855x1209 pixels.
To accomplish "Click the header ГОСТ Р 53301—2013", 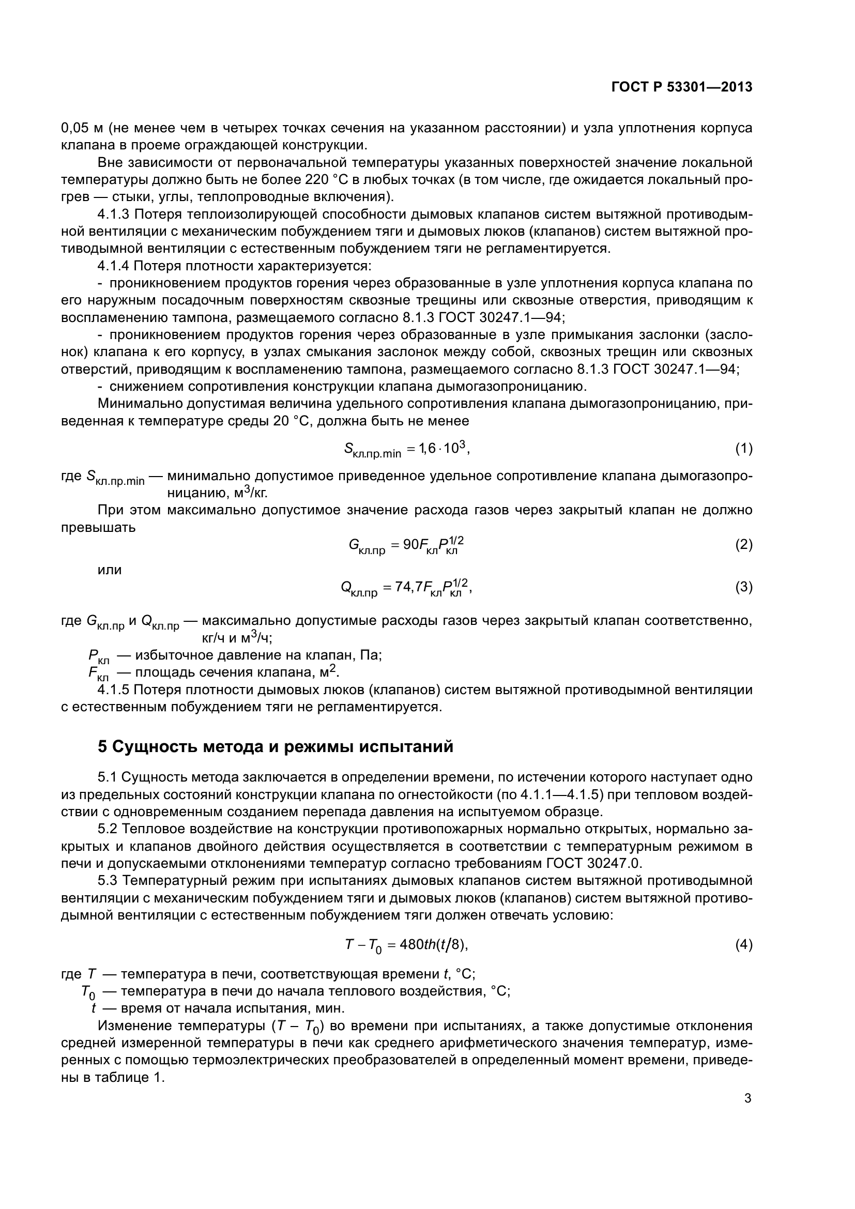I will tap(682, 87).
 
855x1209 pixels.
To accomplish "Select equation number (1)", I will tap(743, 449).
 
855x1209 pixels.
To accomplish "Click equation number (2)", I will tap(743, 544).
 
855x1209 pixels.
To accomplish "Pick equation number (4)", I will tap(743, 945).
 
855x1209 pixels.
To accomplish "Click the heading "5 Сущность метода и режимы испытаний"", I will tap(276, 747).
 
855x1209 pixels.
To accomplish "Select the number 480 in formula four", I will tap(408, 945).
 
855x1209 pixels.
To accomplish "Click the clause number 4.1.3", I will tap(114, 215).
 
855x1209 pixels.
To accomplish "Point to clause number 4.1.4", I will tap(114, 265).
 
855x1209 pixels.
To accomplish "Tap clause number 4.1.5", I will tap(114, 690).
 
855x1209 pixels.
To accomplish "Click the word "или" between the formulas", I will tap(110, 570).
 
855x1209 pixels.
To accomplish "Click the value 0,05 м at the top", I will tap(83, 128).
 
